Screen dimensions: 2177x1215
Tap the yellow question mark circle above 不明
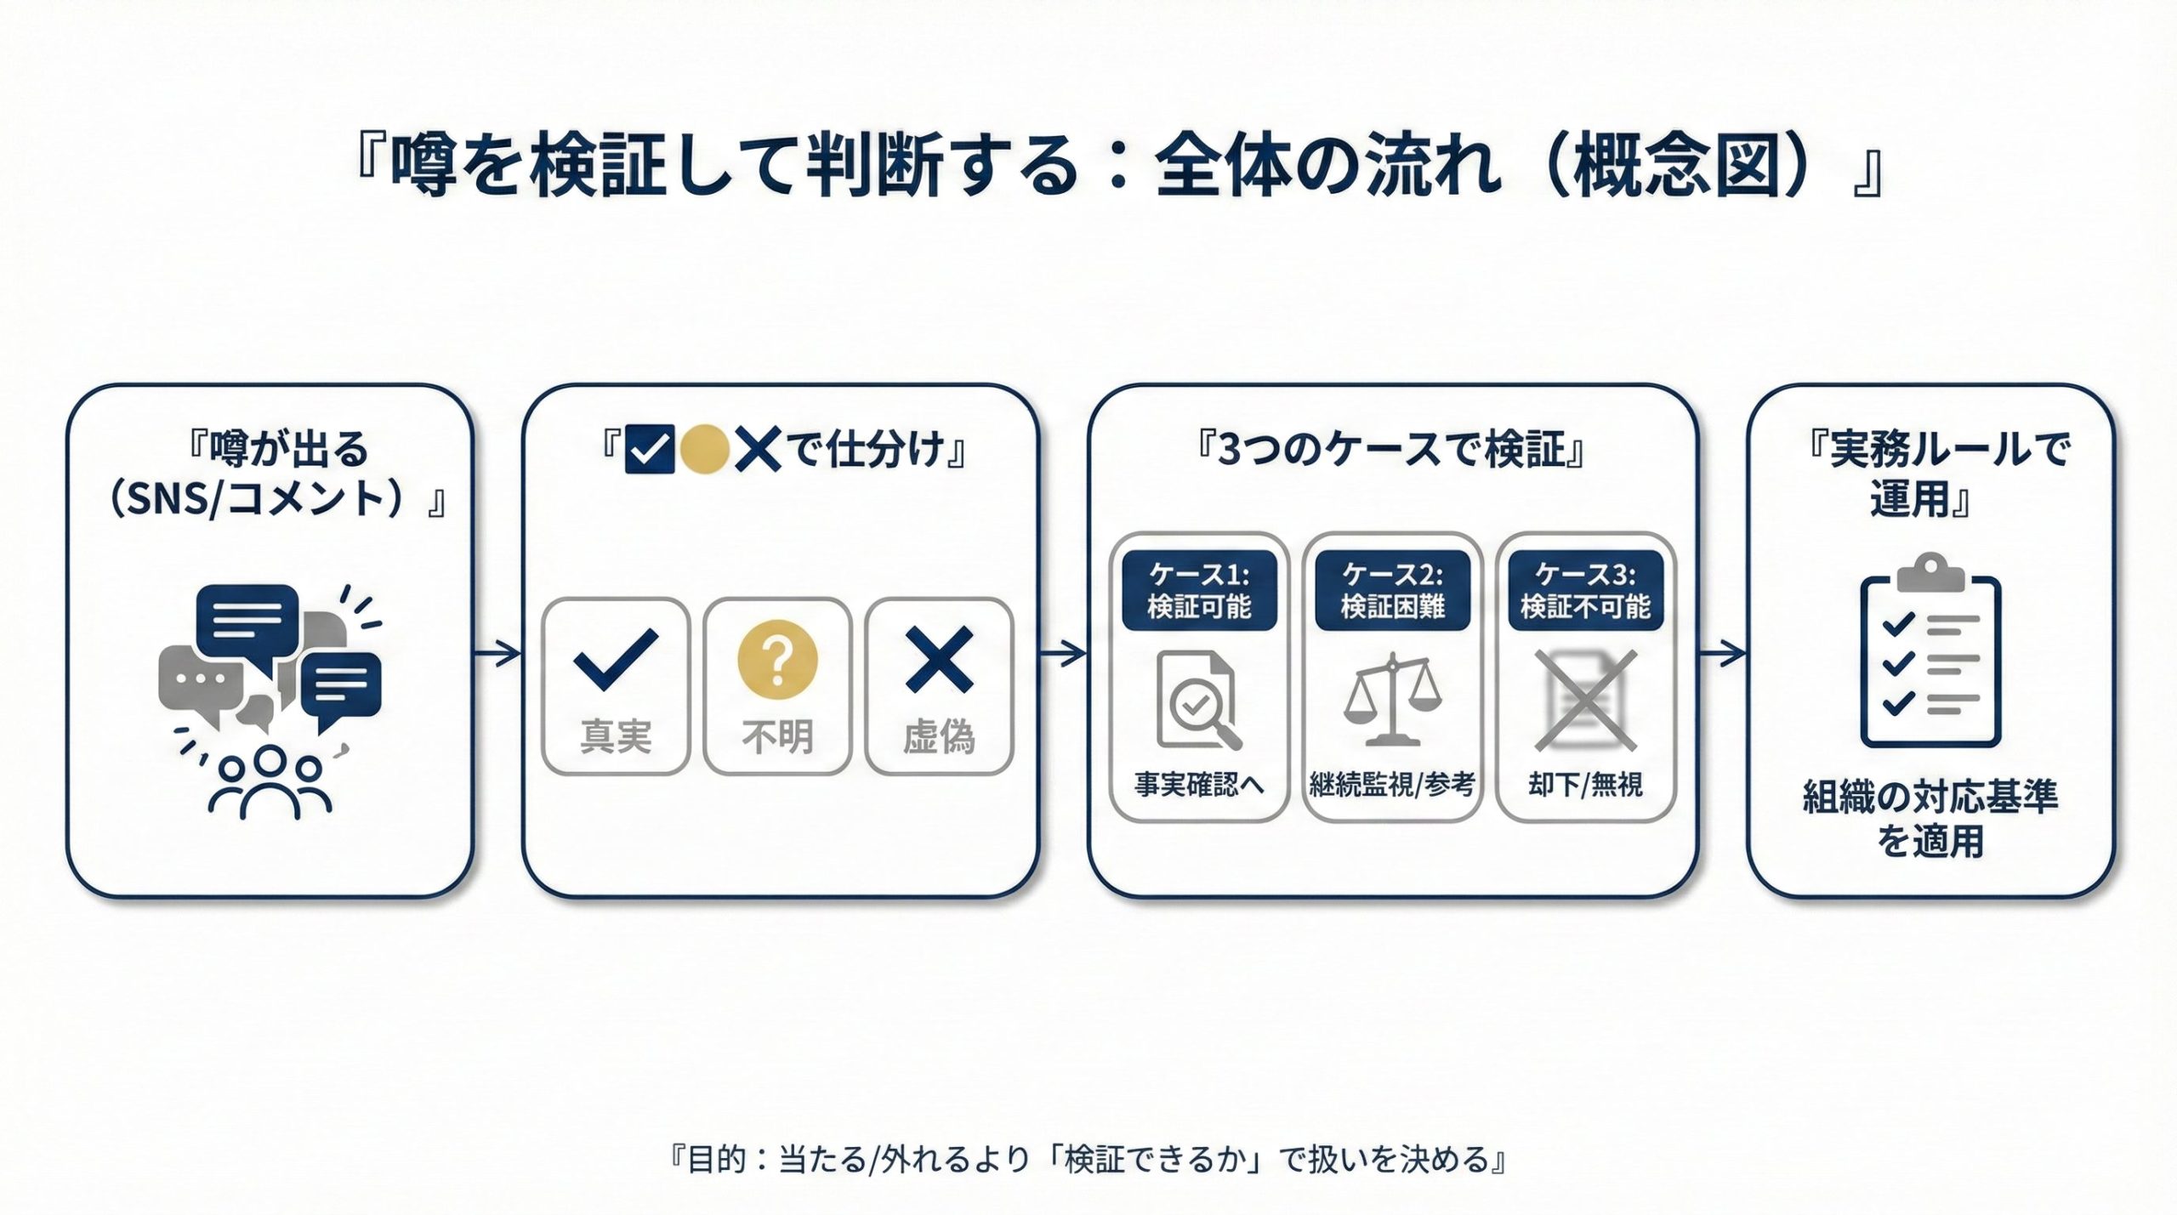[x=777, y=657]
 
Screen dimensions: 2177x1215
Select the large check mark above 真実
[x=617, y=659]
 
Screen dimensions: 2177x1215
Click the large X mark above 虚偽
[x=939, y=659]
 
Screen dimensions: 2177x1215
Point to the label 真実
[x=616, y=736]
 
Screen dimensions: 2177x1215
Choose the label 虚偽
[x=939, y=736]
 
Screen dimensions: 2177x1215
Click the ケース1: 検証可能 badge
[x=1199, y=590]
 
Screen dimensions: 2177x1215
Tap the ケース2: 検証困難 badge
[x=1392, y=590]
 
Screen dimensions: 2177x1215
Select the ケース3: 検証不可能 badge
[x=1585, y=590]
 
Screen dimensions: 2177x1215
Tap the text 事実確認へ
[x=1199, y=784]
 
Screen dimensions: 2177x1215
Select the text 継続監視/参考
[x=1392, y=784]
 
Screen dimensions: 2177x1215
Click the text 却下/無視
[x=1585, y=784]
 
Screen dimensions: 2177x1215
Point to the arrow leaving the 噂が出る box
[x=497, y=653]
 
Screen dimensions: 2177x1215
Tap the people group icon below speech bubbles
[x=269, y=782]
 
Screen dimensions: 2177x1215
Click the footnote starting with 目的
[x=1088, y=1160]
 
